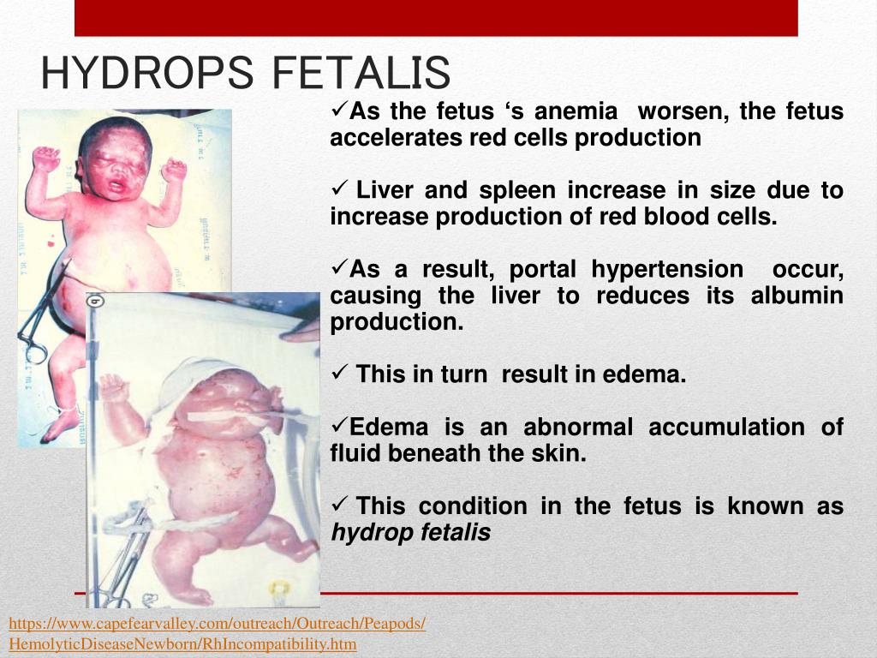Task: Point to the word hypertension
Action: (x=667, y=269)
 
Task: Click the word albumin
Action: (x=796, y=296)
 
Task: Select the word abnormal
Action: (x=578, y=427)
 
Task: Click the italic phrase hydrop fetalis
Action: (x=410, y=533)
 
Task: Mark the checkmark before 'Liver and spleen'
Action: (x=337, y=190)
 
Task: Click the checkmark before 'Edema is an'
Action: (x=337, y=426)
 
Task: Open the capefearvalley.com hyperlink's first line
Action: (x=217, y=623)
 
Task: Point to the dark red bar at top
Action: (x=436, y=18)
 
